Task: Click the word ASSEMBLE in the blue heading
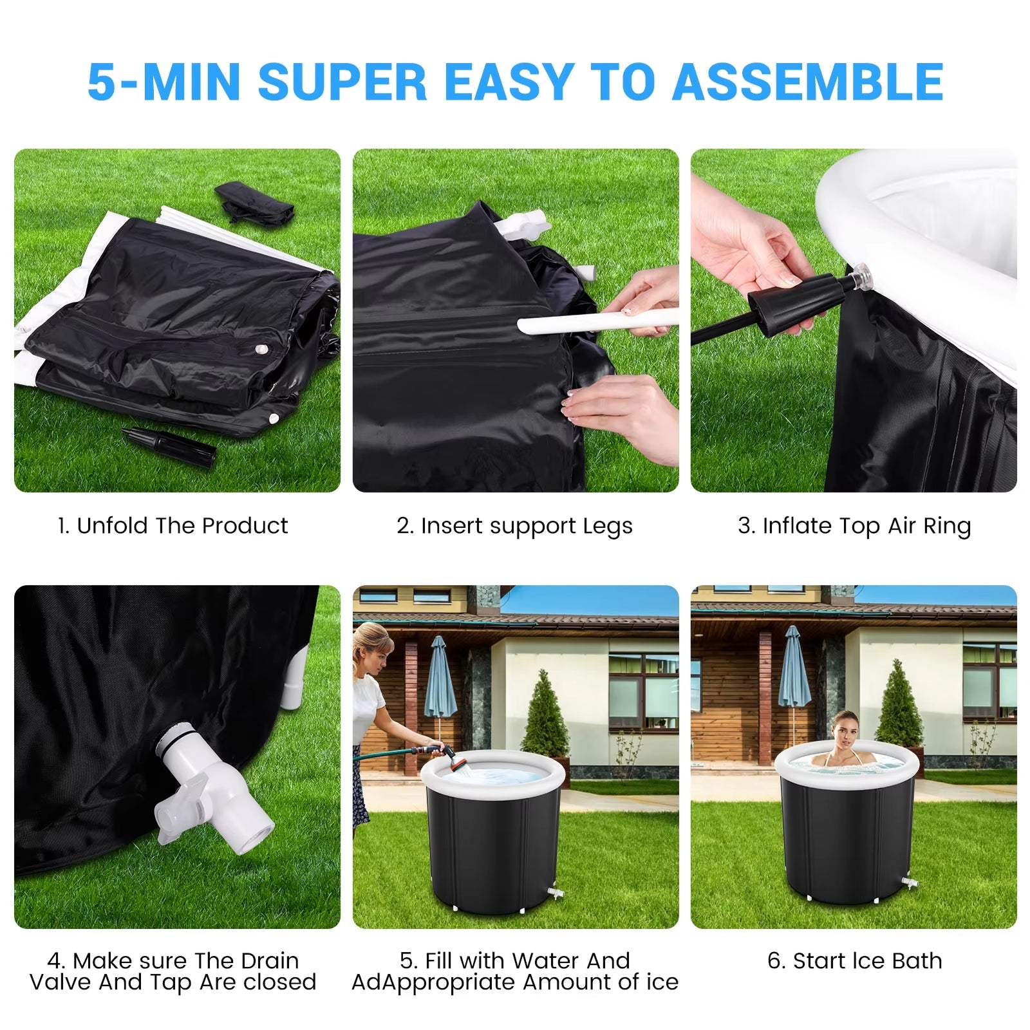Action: point(808,82)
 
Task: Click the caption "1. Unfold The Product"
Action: point(173,526)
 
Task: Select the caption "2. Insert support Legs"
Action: point(515,527)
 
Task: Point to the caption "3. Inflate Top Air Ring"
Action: point(854,527)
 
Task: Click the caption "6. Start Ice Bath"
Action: point(854,961)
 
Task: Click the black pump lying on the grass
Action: point(169,444)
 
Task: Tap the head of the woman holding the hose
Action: point(373,648)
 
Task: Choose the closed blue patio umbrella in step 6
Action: point(794,669)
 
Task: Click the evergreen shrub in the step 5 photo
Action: point(545,715)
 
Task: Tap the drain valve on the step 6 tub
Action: point(909,879)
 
